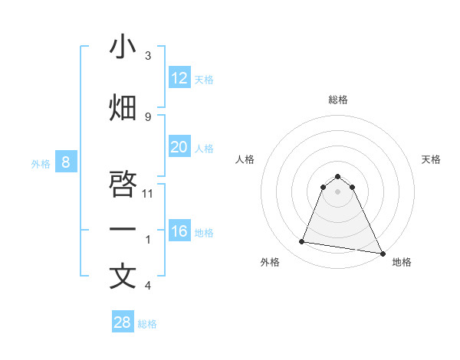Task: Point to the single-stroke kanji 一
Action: click(123, 229)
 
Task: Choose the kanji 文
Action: click(123, 277)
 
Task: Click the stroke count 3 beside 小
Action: click(148, 56)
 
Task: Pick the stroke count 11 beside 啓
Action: click(148, 193)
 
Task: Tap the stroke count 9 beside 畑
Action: click(148, 116)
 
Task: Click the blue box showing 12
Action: click(179, 78)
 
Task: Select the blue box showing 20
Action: click(179, 147)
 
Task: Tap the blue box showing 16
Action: click(179, 231)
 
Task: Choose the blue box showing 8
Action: click(66, 162)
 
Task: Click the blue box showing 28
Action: click(123, 322)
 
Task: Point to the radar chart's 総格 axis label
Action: click(338, 100)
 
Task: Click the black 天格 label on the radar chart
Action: click(431, 159)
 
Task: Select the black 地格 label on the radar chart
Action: click(402, 262)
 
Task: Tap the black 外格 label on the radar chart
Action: click(270, 262)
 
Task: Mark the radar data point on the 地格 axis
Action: click(381, 253)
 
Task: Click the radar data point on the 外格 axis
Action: click(302, 242)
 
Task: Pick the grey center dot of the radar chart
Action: click(338, 191)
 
